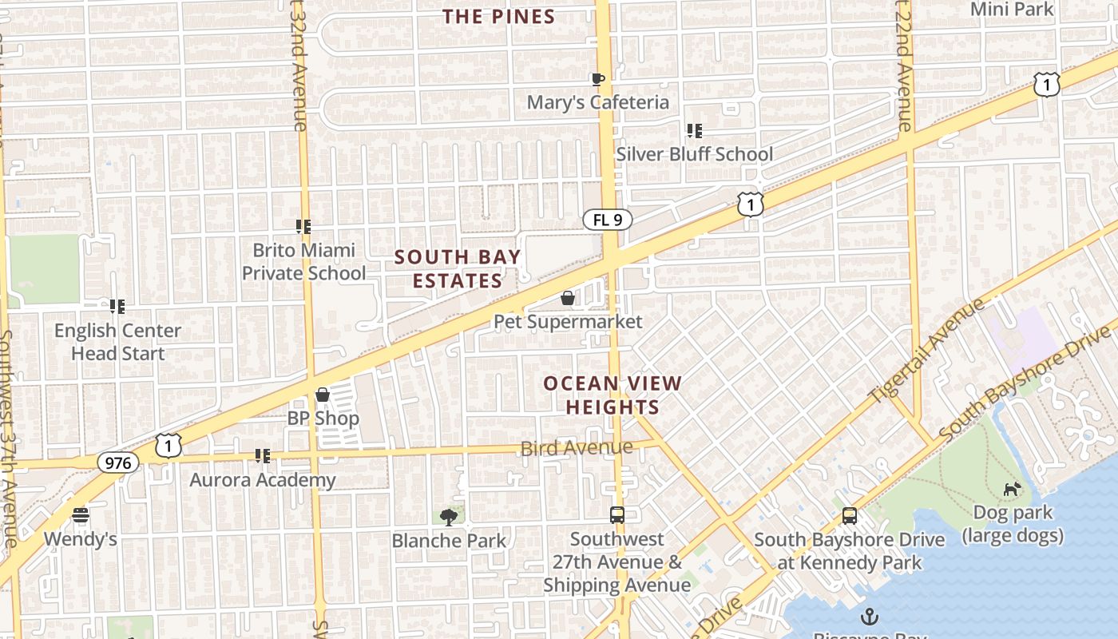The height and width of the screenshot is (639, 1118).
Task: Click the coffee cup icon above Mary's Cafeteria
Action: point(597,79)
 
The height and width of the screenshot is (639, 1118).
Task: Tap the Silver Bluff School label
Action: point(694,154)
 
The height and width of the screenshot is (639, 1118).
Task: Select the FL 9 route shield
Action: point(607,220)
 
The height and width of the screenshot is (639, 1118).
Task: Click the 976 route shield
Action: point(118,462)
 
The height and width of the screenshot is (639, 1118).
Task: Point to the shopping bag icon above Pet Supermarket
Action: point(568,299)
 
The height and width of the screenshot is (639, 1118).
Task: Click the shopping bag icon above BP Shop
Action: point(323,395)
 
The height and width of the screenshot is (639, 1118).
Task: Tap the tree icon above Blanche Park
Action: point(449,518)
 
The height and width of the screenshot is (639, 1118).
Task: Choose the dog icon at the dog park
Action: point(1013,489)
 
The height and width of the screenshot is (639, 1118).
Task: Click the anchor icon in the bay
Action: point(870,617)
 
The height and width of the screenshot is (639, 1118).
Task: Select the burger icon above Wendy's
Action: point(80,515)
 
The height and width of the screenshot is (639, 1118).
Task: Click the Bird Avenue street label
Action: point(577,448)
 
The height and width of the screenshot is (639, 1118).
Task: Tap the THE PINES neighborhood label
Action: point(499,17)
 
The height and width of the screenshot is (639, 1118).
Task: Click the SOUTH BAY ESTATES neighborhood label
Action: point(458,268)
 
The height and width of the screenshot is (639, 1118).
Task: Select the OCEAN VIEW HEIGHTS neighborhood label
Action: point(613,395)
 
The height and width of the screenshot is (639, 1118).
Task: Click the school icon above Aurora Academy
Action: point(262,456)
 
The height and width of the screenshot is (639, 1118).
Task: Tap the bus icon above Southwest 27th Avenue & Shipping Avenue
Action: point(616,515)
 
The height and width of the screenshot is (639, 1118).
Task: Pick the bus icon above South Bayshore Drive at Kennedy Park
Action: point(850,517)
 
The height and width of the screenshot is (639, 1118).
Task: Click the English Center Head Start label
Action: point(117,342)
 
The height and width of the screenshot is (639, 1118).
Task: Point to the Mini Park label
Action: point(1012,10)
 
